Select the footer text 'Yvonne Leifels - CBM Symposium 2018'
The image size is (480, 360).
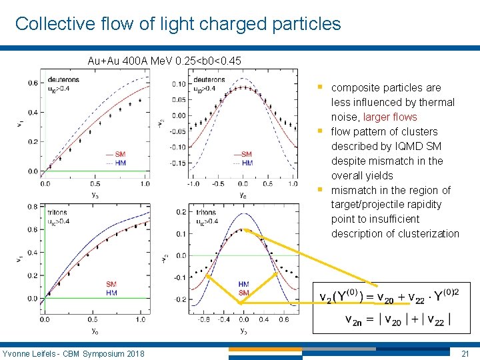[x=73, y=353]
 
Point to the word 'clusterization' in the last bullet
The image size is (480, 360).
[x=428, y=233]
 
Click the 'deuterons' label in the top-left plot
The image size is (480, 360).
[x=63, y=79]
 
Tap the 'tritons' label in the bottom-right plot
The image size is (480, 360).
[x=206, y=213]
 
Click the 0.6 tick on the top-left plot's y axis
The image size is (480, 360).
[x=33, y=83]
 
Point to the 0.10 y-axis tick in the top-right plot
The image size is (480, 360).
[x=179, y=84]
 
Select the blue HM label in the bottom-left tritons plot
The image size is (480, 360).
[x=111, y=293]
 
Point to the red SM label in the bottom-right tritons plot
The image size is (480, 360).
[x=243, y=293]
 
